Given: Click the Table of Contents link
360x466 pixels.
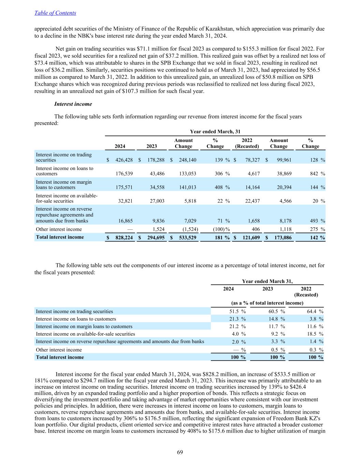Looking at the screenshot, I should point(55,13).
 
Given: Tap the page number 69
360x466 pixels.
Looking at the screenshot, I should point(180,452).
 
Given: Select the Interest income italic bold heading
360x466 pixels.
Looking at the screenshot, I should point(73,104).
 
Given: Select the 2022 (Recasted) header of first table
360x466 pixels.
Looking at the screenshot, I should point(247,143).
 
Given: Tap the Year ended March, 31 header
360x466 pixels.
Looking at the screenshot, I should point(215,131).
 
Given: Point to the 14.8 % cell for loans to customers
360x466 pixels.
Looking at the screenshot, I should point(276,319).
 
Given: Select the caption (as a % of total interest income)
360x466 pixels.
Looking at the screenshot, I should point(267,303).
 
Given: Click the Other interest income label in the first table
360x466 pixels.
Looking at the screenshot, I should point(59,229).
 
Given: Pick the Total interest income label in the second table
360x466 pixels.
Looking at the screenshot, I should point(60,357).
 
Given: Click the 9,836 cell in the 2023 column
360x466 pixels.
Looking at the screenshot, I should point(157,221).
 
